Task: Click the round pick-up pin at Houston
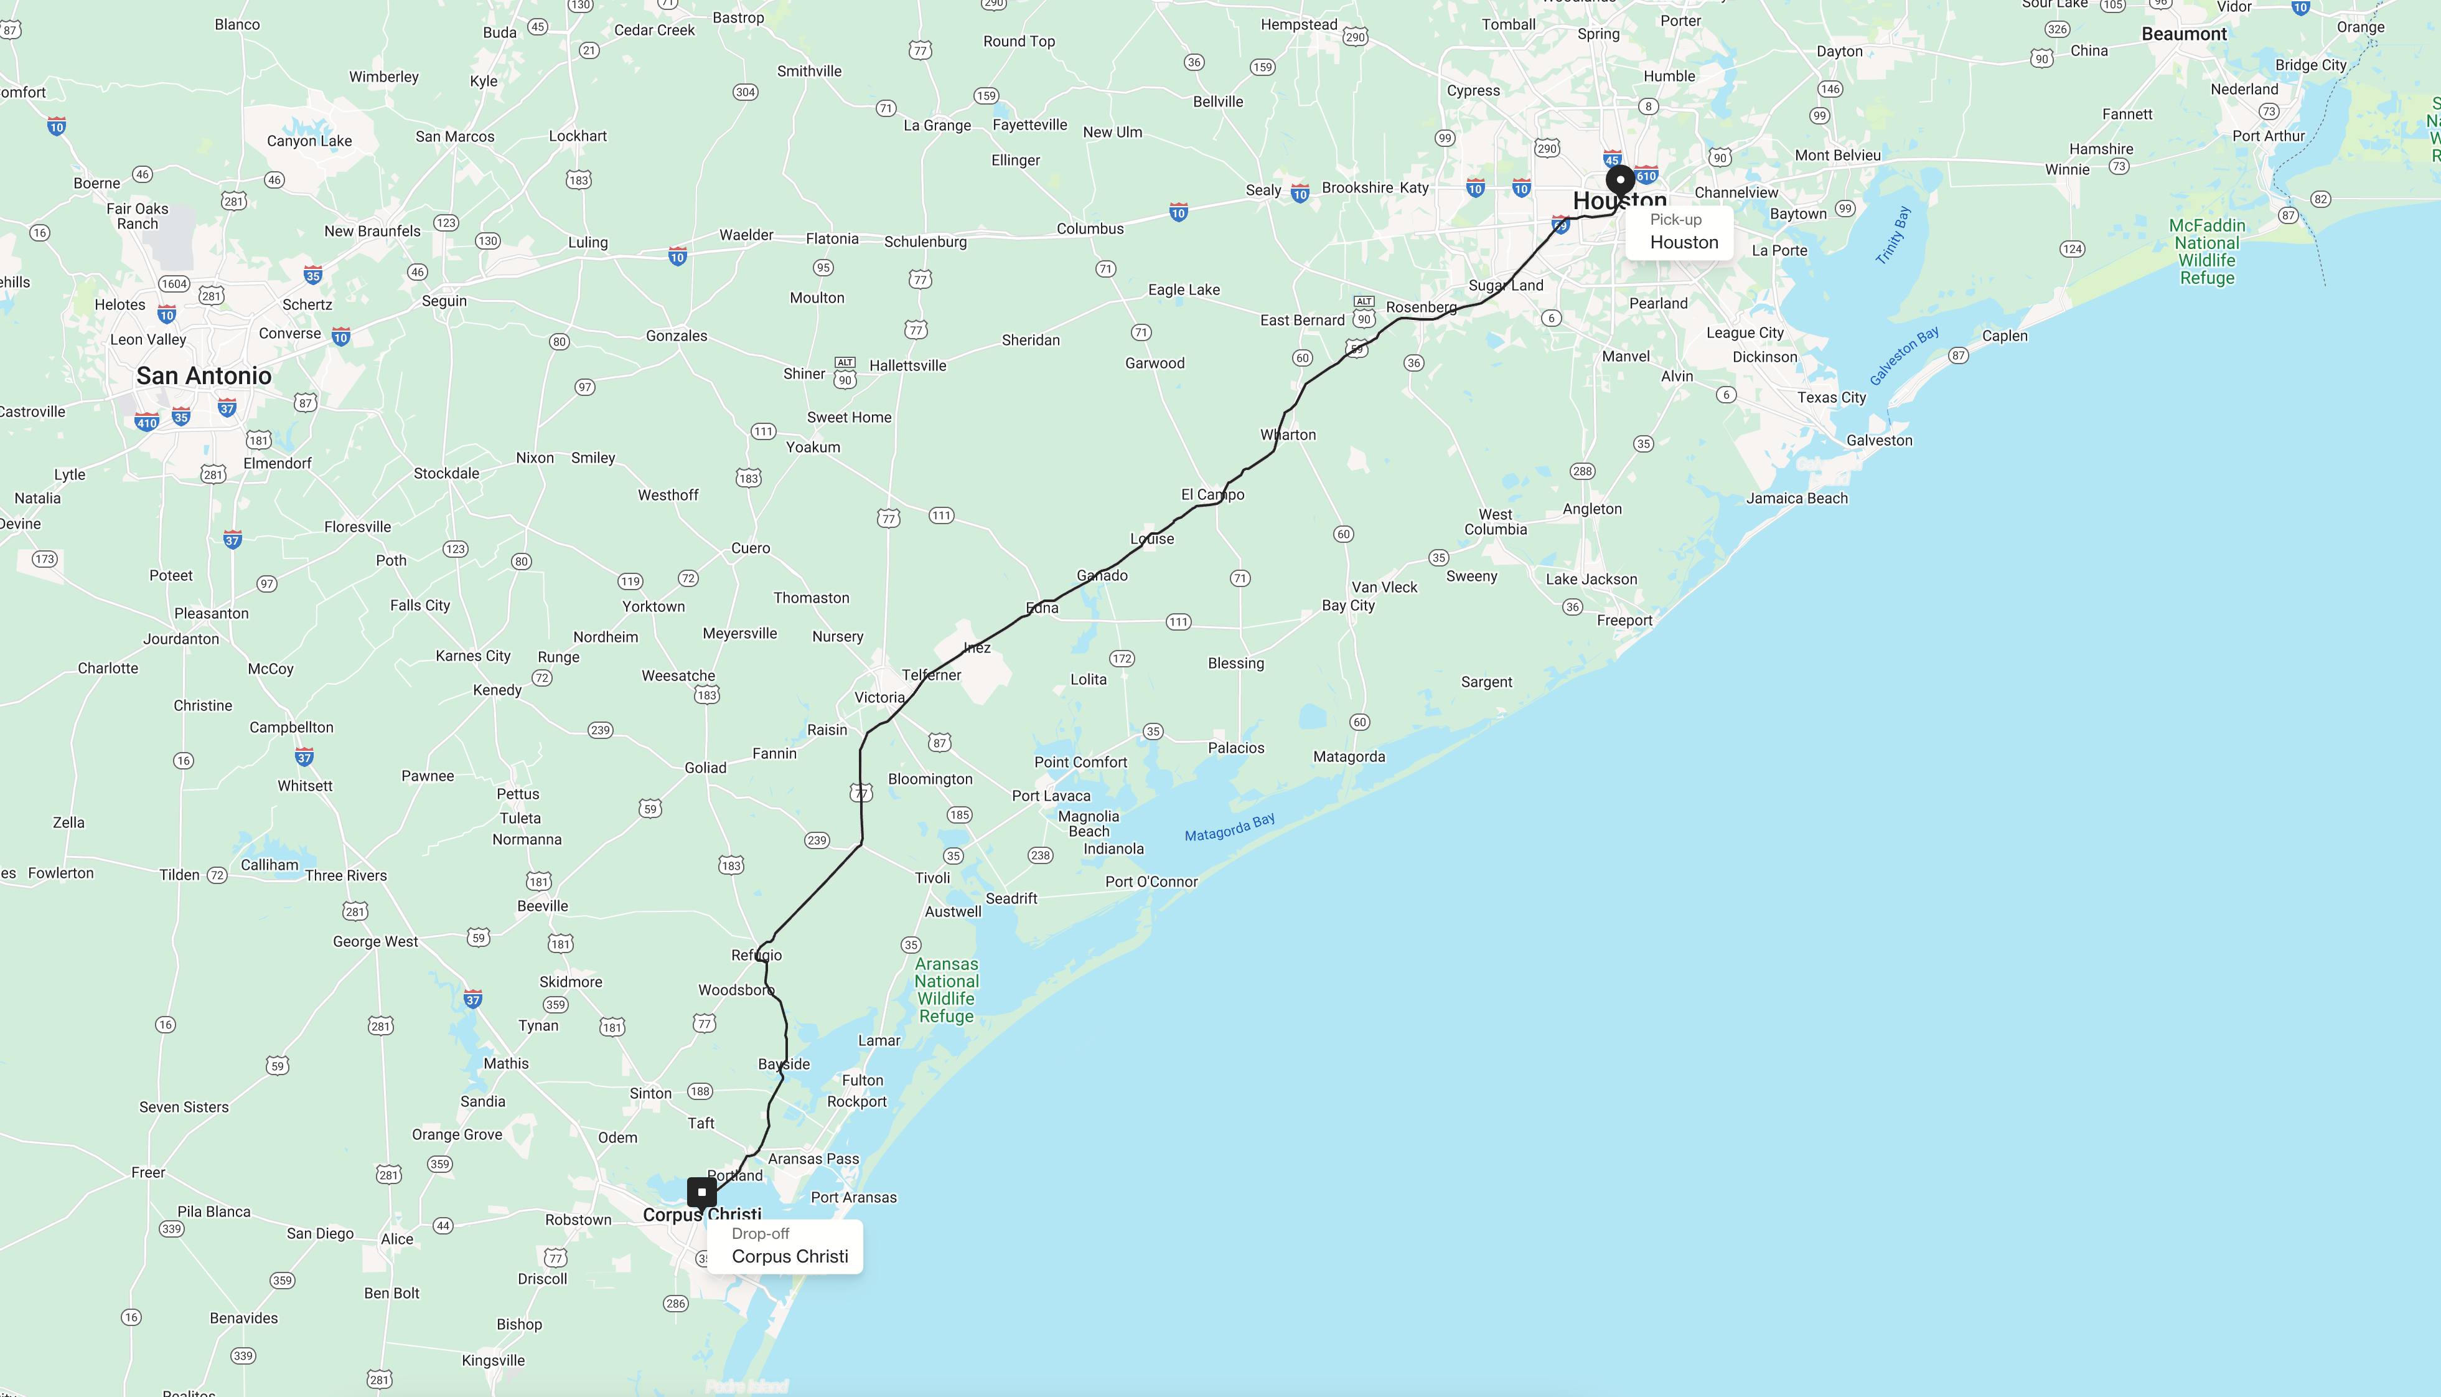1620,179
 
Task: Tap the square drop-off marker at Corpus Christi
702,1192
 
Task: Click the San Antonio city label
204,376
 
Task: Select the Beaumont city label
2184,34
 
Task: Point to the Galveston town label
1879,440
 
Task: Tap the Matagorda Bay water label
1230,827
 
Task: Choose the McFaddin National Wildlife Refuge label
2207,252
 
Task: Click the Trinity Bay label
1893,235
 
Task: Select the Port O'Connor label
1151,882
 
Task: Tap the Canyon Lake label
309,141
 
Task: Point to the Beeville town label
543,906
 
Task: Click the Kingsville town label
493,1360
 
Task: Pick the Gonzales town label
676,336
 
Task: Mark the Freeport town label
1624,621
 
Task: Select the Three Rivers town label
346,875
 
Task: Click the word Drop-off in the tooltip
761,1234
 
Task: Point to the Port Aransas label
854,1197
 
